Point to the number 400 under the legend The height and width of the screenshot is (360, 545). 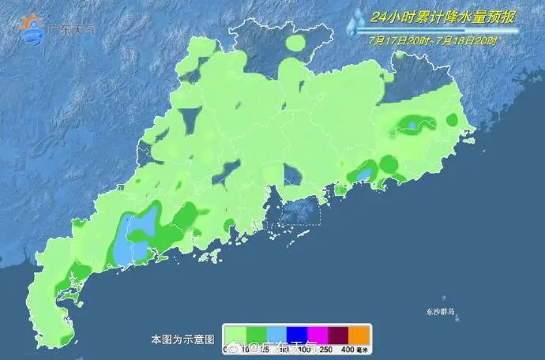(348, 350)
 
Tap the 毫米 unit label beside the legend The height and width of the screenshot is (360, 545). (363, 350)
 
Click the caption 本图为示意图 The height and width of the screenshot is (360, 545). (182, 339)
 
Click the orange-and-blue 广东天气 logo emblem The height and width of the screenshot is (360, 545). (32, 29)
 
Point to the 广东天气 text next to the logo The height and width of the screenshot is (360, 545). (71, 31)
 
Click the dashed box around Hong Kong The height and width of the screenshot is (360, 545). (293, 212)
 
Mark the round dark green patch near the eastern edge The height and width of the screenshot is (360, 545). (452, 120)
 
